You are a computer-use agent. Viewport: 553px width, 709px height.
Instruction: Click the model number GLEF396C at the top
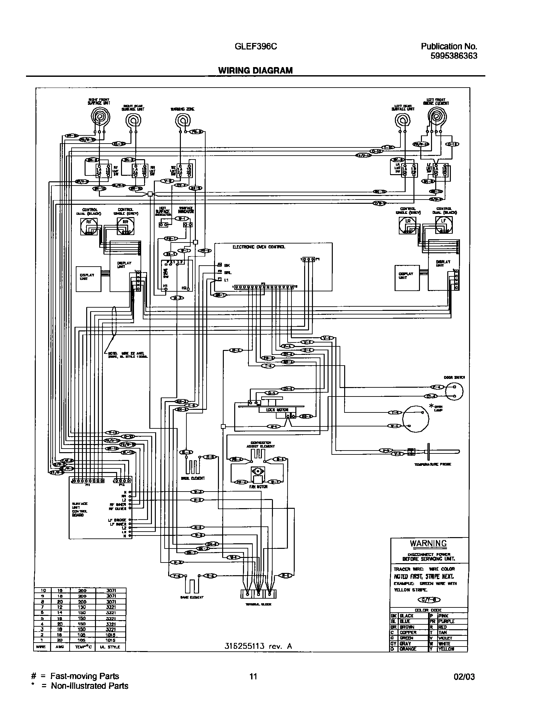(x=256, y=47)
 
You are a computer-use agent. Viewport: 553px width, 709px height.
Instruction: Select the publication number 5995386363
(x=454, y=56)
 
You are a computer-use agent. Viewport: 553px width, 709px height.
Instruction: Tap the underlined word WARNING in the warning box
(x=428, y=543)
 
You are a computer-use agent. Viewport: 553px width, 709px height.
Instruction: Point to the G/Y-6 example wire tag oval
(x=428, y=600)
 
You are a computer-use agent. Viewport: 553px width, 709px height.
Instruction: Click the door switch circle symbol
(x=454, y=391)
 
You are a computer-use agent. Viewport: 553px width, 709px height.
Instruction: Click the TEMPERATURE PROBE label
(x=432, y=465)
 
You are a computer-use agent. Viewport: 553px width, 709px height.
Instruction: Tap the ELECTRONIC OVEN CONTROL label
(x=259, y=247)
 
